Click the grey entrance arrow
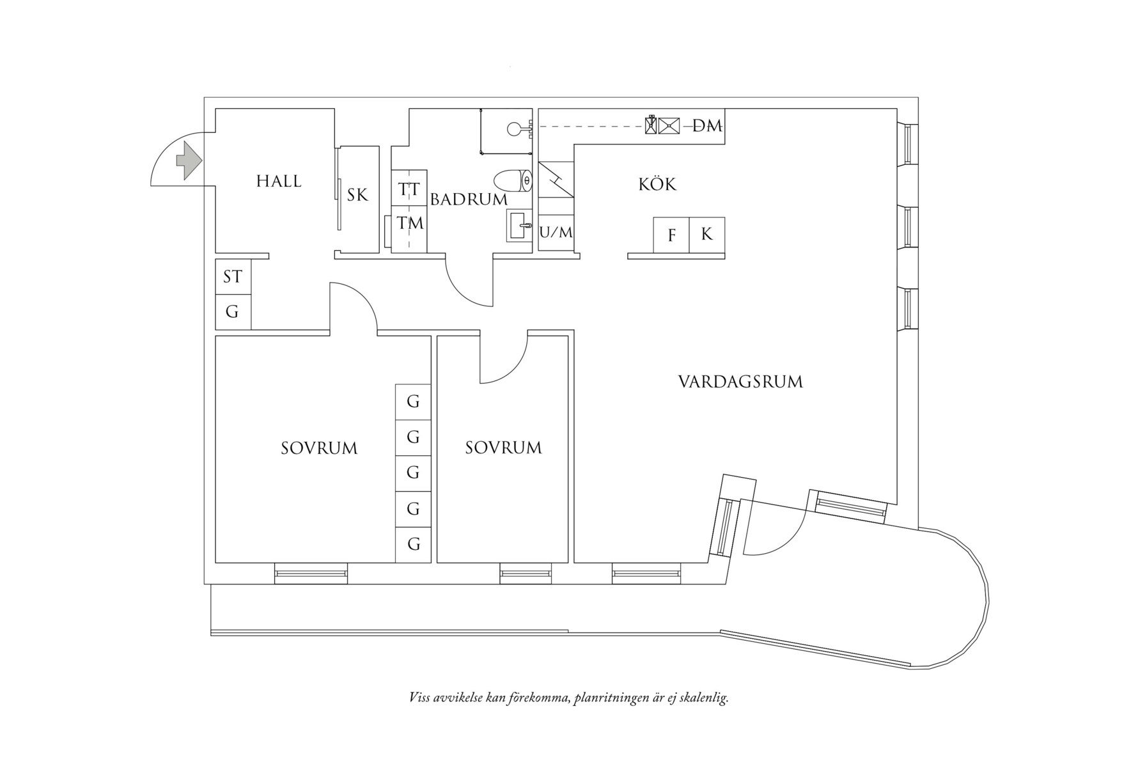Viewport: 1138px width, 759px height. [188, 160]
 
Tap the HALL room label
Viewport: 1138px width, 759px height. [279, 182]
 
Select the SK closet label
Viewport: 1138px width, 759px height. [358, 195]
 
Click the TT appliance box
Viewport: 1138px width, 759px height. [409, 189]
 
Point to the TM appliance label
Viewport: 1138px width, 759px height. [410, 223]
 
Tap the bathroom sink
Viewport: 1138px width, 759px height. [518, 225]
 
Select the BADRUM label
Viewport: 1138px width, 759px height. [469, 200]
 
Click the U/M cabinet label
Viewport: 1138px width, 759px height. [556, 233]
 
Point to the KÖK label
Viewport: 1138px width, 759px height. [657, 185]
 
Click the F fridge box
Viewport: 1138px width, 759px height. [671, 235]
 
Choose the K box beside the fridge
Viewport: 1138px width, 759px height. [706, 234]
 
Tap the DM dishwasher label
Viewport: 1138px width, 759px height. [708, 127]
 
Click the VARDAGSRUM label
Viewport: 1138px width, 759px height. [740, 382]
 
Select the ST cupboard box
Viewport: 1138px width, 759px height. [233, 277]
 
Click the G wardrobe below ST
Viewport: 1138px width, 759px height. [233, 312]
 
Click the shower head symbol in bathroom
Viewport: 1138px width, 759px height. [515, 129]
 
